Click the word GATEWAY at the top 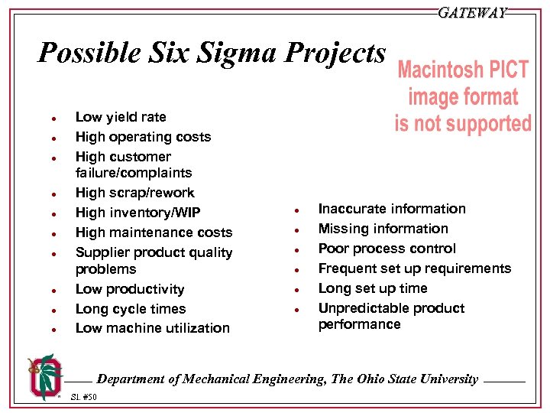472,13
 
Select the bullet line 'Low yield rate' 120,117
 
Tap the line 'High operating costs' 143,137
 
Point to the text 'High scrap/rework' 134,193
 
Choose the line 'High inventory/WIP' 138,213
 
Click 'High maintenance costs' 154,233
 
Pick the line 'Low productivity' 130,289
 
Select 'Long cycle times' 131,309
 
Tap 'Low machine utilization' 152,328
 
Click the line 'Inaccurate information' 391,209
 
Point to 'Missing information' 383,229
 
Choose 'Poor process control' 387,249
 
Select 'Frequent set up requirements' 414,268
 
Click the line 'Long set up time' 372,288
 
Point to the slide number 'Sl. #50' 84,397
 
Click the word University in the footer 448,379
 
